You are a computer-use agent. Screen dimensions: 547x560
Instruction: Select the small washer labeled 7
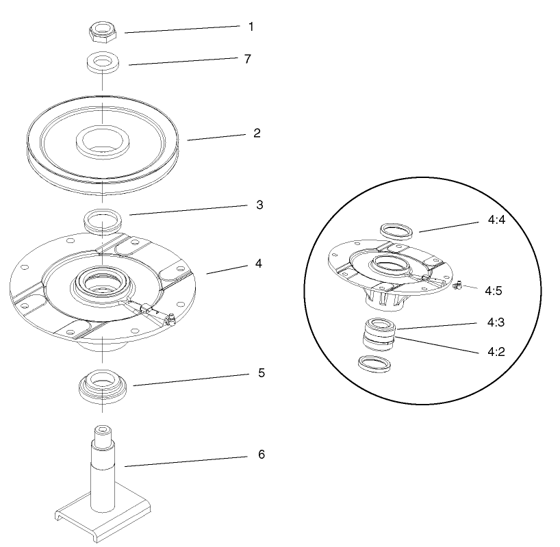101,63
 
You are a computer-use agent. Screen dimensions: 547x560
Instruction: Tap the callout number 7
248,59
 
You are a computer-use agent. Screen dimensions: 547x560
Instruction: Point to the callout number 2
256,133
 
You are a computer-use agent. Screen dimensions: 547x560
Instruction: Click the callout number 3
259,205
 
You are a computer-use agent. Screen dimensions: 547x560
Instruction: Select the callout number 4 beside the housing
257,263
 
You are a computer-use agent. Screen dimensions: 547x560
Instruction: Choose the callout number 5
261,373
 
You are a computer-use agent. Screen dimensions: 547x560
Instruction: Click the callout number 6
261,454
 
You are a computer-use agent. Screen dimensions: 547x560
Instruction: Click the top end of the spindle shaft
101,430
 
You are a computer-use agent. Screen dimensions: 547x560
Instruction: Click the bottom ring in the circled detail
374,364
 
